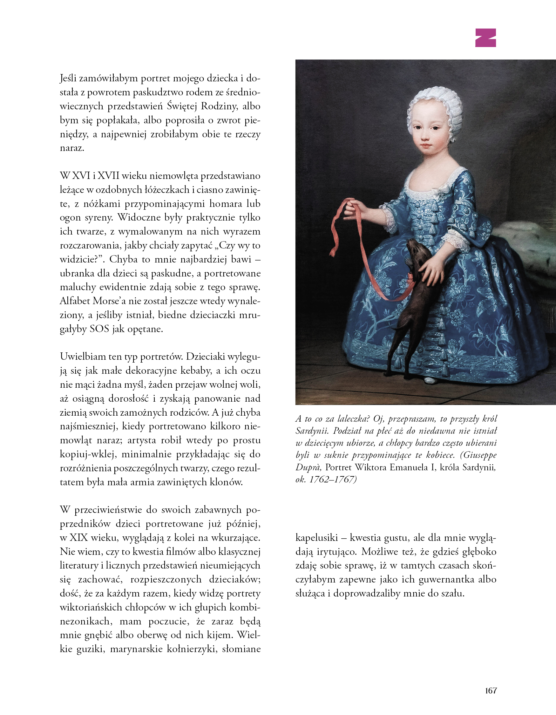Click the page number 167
tap(491, 691)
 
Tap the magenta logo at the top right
tap(485, 38)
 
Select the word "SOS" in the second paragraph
tap(99, 329)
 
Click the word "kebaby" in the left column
tap(188, 370)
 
